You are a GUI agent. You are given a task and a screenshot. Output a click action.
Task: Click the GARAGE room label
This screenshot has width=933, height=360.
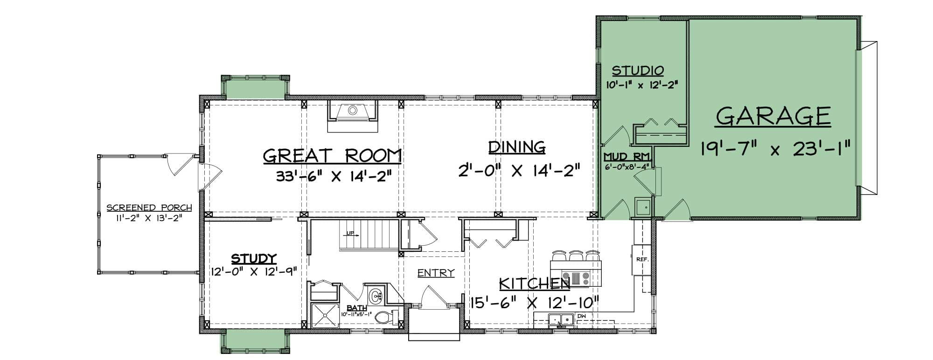tap(773, 117)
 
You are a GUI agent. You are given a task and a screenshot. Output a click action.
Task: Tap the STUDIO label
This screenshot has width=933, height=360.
tap(638, 71)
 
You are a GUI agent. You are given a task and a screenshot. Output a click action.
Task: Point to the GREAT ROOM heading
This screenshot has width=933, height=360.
tap(332, 156)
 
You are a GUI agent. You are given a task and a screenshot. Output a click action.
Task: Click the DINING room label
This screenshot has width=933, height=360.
tap(517, 147)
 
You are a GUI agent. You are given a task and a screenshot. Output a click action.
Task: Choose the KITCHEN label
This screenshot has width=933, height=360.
tap(535, 284)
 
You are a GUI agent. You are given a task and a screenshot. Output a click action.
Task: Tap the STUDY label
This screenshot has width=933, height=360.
tap(254, 259)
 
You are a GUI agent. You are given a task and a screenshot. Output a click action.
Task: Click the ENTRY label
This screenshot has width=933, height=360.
tap(436, 273)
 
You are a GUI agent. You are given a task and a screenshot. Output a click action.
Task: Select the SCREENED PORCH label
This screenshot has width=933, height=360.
tap(149, 208)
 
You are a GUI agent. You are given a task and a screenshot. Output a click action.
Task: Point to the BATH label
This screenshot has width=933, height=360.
tap(356, 308)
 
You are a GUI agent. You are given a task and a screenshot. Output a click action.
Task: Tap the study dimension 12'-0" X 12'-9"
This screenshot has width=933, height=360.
tap(254, 271)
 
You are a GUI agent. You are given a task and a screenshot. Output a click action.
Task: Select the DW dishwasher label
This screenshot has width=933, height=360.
tap(581, 316)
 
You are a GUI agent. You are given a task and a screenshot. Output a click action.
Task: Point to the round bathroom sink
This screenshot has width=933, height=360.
tap(376, 295)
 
